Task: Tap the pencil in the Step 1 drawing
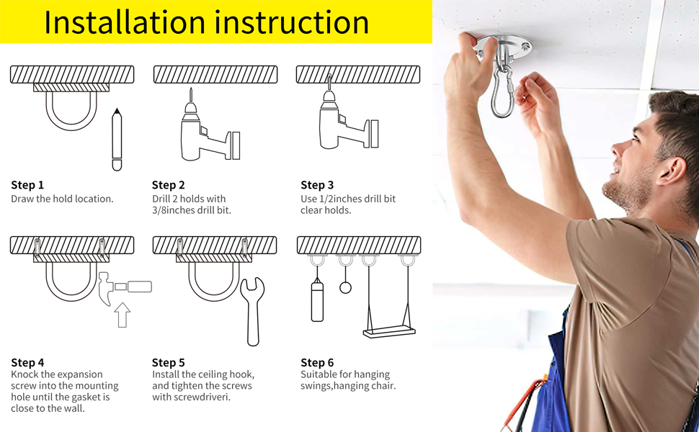[117, 140]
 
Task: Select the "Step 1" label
[27, 185]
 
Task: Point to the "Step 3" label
[317, 185]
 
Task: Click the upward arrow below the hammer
[123, 315]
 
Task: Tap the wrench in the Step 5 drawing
[252, 311]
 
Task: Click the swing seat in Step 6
[389, 331]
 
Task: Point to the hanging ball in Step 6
[345, 288]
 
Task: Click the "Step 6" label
[317, 363]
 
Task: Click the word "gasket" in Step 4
[87, 397]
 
